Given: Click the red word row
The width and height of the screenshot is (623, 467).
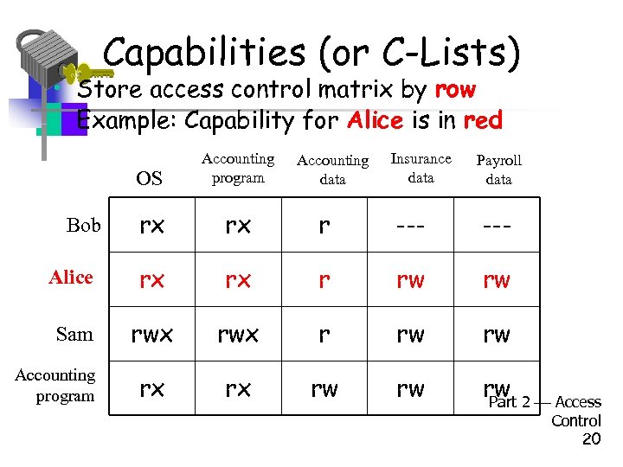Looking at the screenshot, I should coord(455,89).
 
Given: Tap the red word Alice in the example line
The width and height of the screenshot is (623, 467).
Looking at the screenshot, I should coord(375,120).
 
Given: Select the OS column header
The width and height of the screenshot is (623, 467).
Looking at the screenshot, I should coord(150,179).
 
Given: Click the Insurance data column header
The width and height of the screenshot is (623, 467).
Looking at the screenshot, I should coord(421,168).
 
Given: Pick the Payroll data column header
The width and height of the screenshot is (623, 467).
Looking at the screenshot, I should coord(498,170).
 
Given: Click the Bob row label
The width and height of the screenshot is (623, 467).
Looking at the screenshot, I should coord(84,226).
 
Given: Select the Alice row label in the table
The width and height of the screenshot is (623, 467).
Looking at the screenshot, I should coord(71,277).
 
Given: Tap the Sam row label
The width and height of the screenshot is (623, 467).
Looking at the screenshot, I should coord(74,334).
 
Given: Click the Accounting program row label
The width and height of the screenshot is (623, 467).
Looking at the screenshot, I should coord(55,386).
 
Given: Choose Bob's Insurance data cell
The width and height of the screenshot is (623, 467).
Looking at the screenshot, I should coord(411,226).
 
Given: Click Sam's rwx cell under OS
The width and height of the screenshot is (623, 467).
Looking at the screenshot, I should coord(151,334).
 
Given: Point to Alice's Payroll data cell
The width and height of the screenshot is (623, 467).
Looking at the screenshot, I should coord(497,280).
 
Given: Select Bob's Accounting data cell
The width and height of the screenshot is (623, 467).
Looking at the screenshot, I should coord(324,226).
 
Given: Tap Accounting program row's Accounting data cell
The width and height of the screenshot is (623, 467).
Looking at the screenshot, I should coord(324,389).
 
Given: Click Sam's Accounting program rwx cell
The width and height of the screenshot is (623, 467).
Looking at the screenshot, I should coord(238,334).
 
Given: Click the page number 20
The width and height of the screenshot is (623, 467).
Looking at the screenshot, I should coord(591,439).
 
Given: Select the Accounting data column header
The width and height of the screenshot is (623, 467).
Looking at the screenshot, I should coord(332,170).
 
